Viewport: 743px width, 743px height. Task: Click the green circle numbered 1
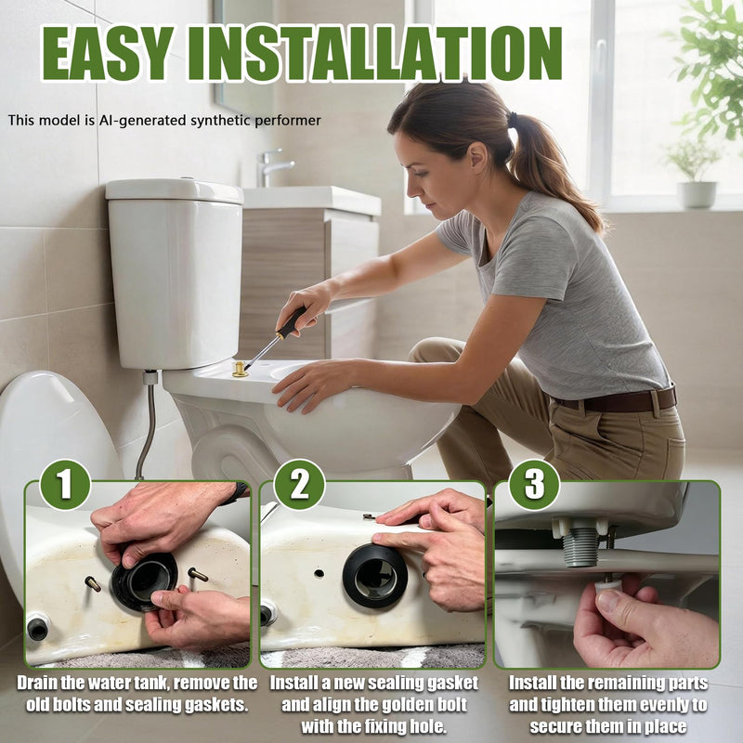pyautogui.click(x=65, y=485)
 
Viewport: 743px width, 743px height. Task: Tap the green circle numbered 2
pyautogui.click(x=299, y=485)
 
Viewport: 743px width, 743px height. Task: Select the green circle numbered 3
pyautogui.click(x=535, y=485)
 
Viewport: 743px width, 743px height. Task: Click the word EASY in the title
pyautogui.click(x=107, y=53)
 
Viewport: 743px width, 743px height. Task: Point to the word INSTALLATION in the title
pyautogui.click(x=374, y=53)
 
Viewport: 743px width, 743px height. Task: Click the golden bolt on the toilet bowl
pyautogui.click(x=241, y=369)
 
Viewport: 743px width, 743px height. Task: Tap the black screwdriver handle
pyautogui.click(x=292, y=321)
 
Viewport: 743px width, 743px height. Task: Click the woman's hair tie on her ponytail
pyautogui.click(x=512, y=120)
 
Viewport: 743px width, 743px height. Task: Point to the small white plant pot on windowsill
pyautogui.click(x=696, y=194)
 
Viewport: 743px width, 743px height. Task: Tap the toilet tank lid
pyautogui.click(x=174, y=190)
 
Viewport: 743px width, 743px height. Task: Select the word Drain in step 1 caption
pyautogui.click(x=37, y=683)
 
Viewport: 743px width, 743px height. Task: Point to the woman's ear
pyautogui.click(x=476, y=158)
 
